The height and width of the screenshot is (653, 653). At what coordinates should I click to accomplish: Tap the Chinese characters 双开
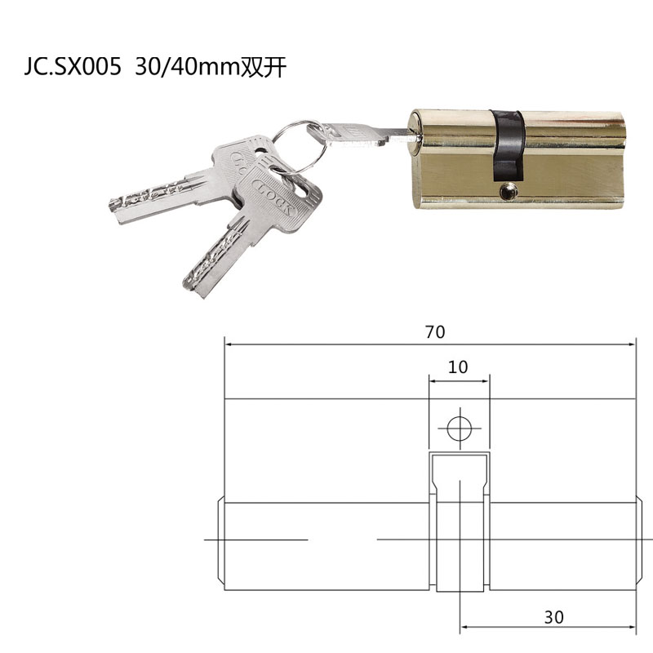click(x=263, y=68)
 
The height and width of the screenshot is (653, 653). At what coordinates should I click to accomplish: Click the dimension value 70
click(x=434, y=332)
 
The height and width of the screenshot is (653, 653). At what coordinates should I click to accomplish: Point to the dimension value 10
click(x=458, y=367)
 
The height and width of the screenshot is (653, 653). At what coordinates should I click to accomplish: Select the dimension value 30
click(x=553, y=617)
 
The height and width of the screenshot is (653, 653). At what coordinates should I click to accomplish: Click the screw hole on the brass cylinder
click(x=509, y=192)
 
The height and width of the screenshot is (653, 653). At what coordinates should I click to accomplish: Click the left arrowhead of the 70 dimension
click(x=229, y=344)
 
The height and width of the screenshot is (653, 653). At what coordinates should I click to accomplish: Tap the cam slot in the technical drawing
click(x=459, y=522)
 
